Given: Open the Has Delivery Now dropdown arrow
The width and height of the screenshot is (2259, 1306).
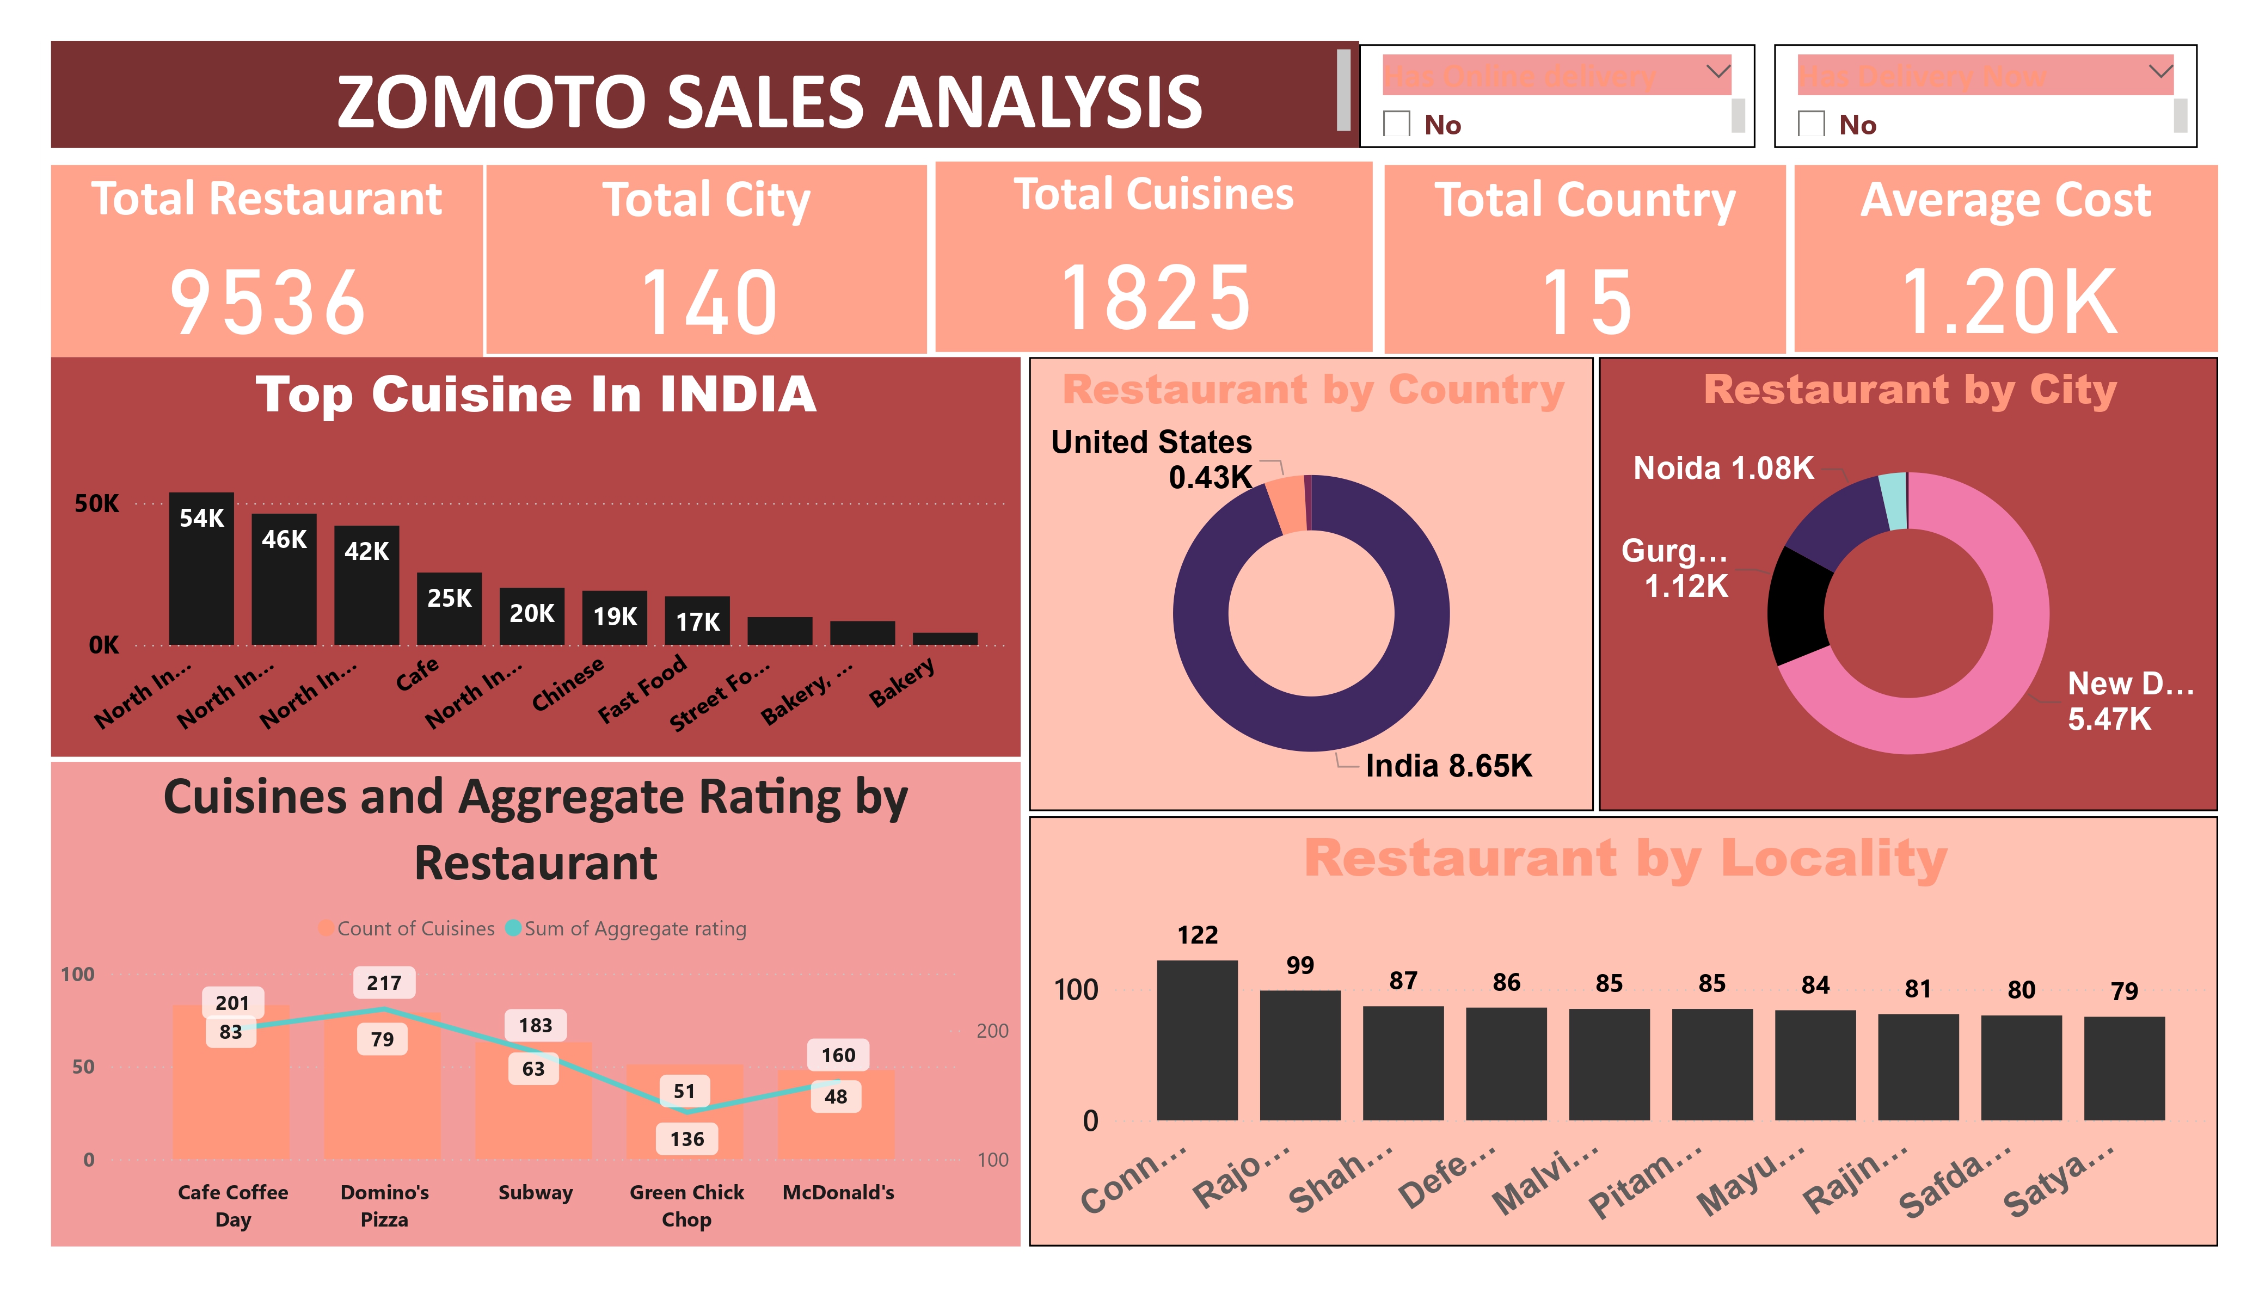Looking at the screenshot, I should [2160, 71].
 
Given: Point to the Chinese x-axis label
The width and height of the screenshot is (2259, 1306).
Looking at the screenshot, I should [567, 685].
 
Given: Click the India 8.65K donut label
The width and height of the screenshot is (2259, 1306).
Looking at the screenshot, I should [1448, 766].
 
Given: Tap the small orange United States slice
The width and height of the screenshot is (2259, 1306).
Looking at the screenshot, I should [1288, 504].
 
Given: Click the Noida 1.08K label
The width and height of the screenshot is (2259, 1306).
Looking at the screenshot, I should [1722, 468].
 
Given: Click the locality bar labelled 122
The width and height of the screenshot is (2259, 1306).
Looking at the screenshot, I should [1197, 1040].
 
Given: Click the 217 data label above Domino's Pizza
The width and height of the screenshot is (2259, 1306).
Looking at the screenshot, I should [384, 982].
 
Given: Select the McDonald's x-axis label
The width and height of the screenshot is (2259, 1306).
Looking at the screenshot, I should [838, 1192].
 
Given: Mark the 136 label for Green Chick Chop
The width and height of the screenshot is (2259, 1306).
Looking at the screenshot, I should [686, 1138].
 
